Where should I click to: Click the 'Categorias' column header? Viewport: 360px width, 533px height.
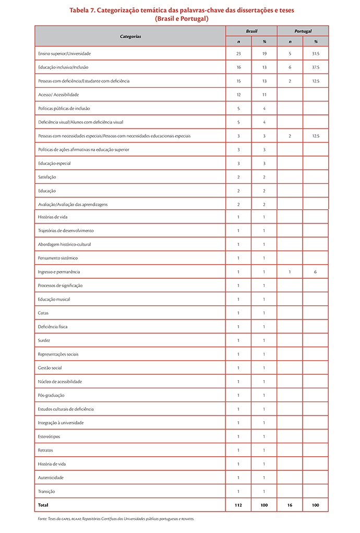[130, 37]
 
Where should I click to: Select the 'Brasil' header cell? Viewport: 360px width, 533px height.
[251, 31]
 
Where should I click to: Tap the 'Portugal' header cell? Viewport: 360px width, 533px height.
[303, 31]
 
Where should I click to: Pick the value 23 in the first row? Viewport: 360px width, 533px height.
[238, 54]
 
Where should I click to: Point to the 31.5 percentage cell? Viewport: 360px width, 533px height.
[316, 54]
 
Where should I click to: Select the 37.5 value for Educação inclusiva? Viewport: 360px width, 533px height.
[316, 67]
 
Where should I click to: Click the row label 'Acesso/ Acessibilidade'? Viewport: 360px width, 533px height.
[58, 95]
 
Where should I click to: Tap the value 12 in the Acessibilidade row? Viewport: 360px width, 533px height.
[238, 95]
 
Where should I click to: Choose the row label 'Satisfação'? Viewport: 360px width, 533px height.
[47, 177]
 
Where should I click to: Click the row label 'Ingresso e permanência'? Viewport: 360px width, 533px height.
[59, 272]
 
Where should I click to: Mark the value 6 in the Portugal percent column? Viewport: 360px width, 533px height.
[316, 272]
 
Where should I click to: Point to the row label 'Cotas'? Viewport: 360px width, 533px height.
[43, 313]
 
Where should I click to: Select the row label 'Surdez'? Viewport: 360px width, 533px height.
[44, 340]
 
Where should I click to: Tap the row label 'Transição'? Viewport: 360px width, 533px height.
[46, 491]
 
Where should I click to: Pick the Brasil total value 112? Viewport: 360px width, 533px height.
[238, 505]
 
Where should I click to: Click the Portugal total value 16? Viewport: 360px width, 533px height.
[290, 505]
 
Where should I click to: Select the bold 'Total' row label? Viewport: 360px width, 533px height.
[44, 505]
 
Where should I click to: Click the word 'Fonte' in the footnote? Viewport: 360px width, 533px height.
[43, 519]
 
